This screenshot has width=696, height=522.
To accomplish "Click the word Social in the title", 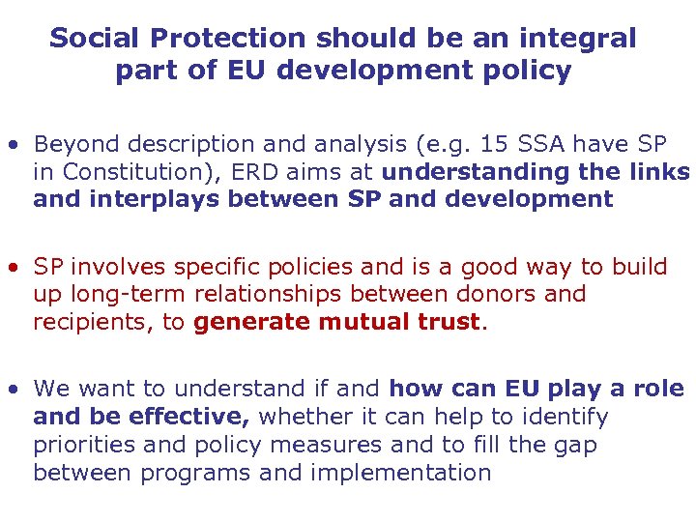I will pyautogui.click(x=92, y=39).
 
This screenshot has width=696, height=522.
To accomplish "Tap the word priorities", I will pyautogui.click(x=85, y=445).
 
